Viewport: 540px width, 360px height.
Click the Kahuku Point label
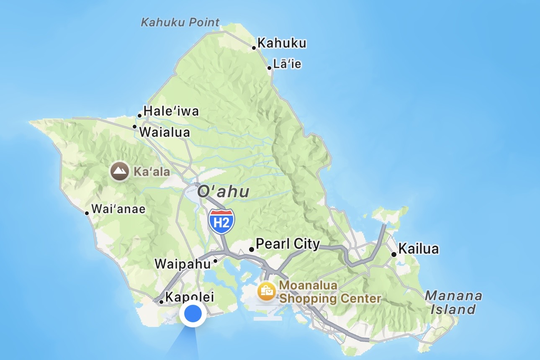(180, 22)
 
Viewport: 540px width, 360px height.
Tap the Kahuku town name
(282, 43)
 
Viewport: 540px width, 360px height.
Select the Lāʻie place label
(287, 64)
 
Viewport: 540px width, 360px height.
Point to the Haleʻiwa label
(171, 111)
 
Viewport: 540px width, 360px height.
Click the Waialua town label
(165, 132)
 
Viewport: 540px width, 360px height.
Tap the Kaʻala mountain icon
(119, 172)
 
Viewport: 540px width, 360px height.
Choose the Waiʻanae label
(118, 209)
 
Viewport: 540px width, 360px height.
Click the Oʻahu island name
(223, 192)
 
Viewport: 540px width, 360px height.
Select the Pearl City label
(288, 244)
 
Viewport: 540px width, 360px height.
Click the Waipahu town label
(183, 264)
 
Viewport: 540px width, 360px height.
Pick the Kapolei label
(190, 297)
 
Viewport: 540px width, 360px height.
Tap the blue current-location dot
(193, 314)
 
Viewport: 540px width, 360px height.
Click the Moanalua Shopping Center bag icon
(267, 291)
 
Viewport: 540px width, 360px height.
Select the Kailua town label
(419, 249)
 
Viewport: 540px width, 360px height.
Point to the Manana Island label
(453, 303)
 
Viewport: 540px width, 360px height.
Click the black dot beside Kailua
(393, 255)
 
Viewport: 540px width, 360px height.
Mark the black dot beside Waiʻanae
(87, 213)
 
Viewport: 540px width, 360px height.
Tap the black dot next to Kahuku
(254, 48)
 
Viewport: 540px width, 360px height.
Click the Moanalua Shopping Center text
(330, 292)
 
